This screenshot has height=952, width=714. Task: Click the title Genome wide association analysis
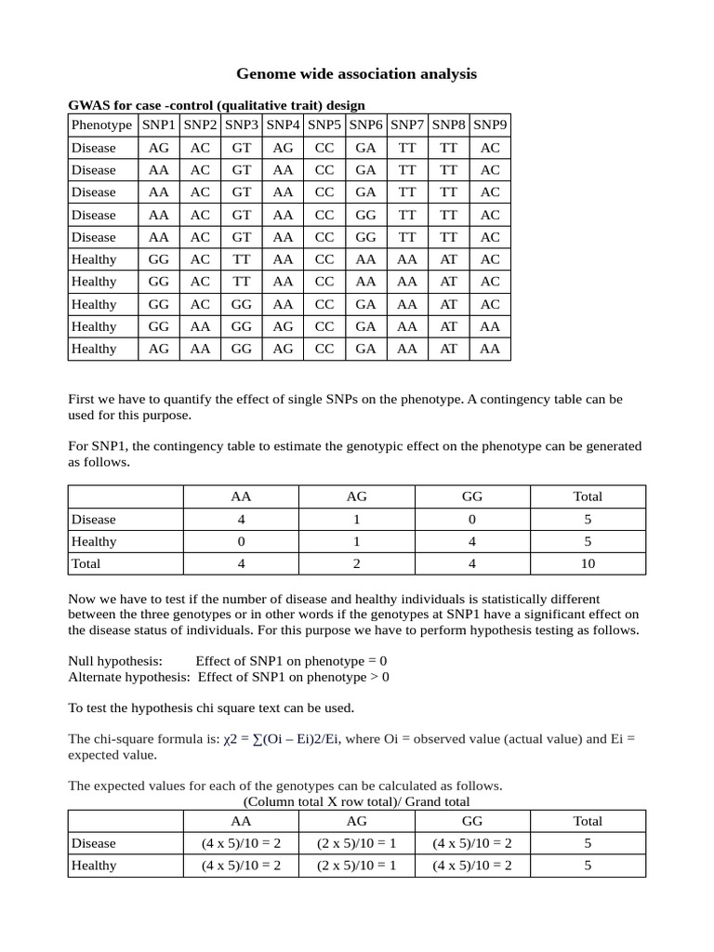(356, 73)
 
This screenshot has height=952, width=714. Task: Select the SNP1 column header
(158, 125)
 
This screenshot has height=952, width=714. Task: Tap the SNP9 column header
(490, 125)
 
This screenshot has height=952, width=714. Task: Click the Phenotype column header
(102, 125)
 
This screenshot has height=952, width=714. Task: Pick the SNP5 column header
(324, 125)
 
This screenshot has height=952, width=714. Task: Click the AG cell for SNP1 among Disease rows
(158, 148)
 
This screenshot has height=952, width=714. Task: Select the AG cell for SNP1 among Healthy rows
(158, 349)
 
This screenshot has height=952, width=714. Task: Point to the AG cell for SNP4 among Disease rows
(284, 148)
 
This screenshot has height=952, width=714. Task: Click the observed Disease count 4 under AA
(241, 520)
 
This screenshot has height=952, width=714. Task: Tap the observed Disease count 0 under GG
(472, 520)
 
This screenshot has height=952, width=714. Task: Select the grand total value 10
(588, 563)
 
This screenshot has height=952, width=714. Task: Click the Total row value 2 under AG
(356, 563)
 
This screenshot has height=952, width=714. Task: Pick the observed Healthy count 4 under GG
(472, 541)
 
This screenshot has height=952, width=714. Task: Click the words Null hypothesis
(115, 660)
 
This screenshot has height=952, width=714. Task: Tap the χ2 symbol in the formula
(231, 739)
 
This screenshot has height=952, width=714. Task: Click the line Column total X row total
(356, 801)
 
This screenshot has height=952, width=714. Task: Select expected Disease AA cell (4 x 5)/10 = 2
(241, 843)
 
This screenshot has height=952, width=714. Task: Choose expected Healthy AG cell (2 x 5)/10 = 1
(356, 866)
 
